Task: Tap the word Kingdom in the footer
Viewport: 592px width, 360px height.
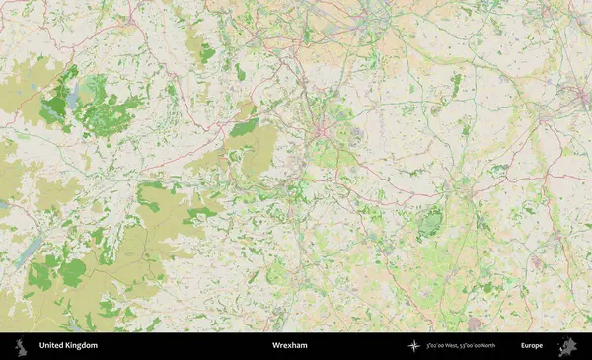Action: click(x=82, y=346)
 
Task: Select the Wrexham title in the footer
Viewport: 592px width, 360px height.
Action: click(x=289, y=346)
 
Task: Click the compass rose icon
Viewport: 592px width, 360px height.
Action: click(x=413, y=346)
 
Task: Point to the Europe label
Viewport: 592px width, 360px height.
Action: click(x=532, y=346)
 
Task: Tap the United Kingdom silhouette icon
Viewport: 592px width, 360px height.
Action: click(x=21, y=346)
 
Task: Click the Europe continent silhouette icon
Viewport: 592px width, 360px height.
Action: click(x=567, y=346)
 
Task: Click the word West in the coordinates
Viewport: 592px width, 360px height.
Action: click(x=458, y=346)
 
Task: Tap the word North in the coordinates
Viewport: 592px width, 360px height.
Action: click(x=501, y=346)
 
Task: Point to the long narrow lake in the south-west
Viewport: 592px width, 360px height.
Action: click(x=28, y=251)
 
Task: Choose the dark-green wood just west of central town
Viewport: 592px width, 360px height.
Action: click(x=244, y=127)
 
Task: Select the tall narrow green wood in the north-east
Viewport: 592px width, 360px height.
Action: click(x=456, y=83)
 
